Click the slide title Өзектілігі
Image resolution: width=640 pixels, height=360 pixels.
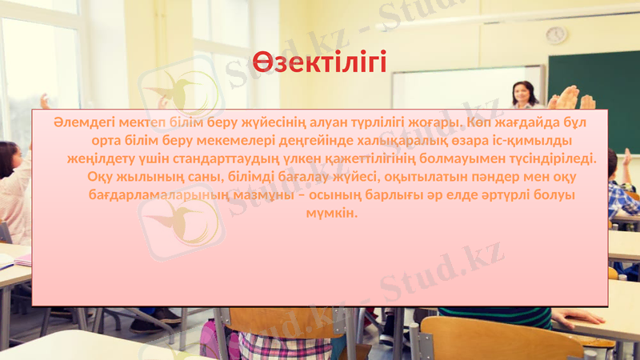(320, 61)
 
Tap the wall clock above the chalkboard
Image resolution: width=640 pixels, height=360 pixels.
(555, 34)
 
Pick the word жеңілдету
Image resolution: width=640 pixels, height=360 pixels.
(95, 158)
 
